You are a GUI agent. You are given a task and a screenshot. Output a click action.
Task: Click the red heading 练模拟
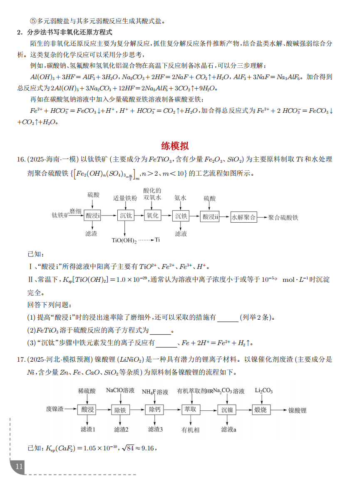point(175,146)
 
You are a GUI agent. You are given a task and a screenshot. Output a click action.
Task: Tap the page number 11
point(19,466)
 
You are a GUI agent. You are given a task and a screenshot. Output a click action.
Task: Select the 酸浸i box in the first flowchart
point(93,216)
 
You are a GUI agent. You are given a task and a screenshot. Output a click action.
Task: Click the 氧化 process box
point(153,216)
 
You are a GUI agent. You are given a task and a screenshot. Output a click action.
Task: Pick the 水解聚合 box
point(243,217)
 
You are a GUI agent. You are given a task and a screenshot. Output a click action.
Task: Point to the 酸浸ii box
point(210,217)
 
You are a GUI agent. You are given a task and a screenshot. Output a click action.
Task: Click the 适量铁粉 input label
point(125,199)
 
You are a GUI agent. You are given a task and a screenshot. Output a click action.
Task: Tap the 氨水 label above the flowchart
point(181,199)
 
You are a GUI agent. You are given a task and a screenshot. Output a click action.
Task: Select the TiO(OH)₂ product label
point(124,240)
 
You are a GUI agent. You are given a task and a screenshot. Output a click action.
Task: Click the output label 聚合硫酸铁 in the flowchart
point(283,217)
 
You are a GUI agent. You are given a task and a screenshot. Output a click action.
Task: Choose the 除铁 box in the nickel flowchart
point(120,410)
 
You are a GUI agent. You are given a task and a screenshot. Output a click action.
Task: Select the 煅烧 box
point(261,410)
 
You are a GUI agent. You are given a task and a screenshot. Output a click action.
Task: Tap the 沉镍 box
point(227,410)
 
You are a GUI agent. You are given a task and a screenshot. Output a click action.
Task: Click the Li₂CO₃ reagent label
point(264,390)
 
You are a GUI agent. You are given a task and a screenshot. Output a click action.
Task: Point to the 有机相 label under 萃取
point(191,430)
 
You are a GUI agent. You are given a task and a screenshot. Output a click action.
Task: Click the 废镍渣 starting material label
point(55,409)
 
